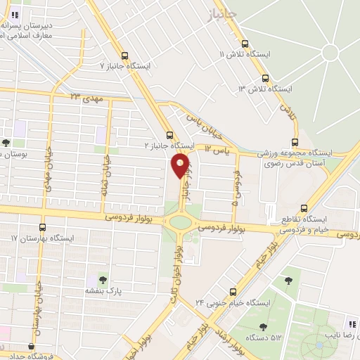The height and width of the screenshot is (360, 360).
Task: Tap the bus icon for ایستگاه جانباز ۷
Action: [124, 56]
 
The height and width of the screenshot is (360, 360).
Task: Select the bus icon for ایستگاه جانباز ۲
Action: [169, 135]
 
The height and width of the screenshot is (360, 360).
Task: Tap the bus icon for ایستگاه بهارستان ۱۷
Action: [42, 227]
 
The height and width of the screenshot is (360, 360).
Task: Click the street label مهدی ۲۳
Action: [86, 98]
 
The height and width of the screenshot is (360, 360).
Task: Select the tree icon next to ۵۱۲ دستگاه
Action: [263, 326]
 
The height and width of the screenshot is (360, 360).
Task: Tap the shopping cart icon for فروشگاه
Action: [30, 346]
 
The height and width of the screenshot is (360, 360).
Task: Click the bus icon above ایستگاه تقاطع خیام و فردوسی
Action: [304, 207]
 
